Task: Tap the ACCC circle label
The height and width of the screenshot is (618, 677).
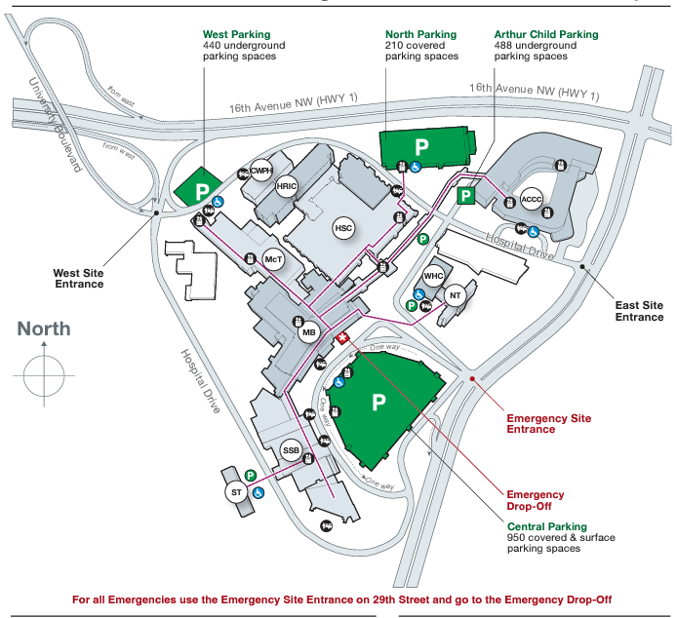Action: [x=532, y=199]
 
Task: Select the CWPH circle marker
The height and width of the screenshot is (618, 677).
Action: [x=259, y=172]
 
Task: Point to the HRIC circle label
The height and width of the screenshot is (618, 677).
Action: [x=286, y=186]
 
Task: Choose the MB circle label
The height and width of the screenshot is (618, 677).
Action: [x=309, y=333]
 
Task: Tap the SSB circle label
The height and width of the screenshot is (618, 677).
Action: [x=291, y=450]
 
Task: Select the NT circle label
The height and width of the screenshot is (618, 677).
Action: [x=454, y=295]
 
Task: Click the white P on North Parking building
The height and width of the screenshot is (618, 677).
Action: [x=422, y=147]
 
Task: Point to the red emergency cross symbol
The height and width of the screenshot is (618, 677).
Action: [x=342, y=338]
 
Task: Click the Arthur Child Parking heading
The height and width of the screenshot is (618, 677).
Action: [x=546, y=35]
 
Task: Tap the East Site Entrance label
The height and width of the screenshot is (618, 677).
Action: [x=639, y=311]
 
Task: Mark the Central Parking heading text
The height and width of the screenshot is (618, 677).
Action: [x=546, y=526]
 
